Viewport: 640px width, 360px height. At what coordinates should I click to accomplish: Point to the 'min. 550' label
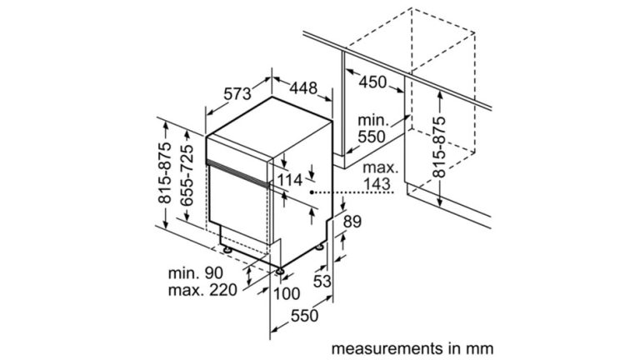(x=374, y=129)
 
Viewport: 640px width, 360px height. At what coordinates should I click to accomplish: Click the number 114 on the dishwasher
(x=289, y=180)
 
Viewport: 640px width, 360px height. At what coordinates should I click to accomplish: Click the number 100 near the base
(x=285, y=294)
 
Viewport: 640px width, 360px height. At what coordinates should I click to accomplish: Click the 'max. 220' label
(x=201, y=290)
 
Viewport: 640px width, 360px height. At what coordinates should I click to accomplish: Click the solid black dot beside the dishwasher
(x=312, y=192)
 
